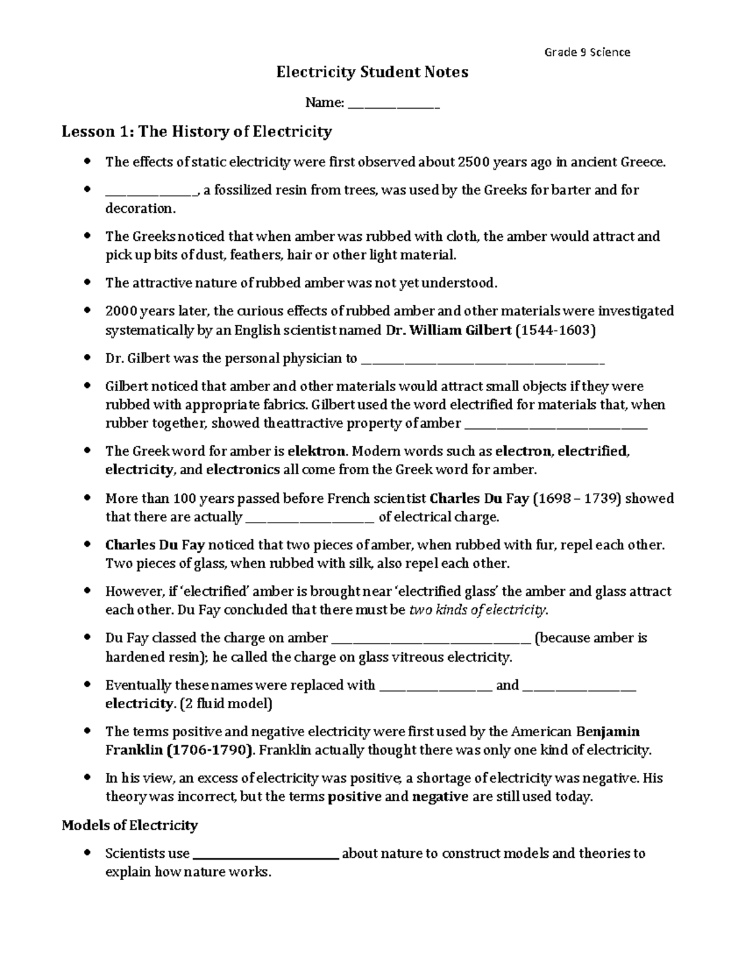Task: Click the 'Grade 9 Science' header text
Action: click(587, 52)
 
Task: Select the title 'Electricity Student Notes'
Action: click(372, 73)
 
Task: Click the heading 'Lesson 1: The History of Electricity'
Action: click(197, 132)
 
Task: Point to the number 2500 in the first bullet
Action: click(473, 163)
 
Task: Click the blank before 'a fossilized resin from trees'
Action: click(151, 191)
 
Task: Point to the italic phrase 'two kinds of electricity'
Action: click(479, 610)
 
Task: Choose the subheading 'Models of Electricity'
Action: click(130, 826)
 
